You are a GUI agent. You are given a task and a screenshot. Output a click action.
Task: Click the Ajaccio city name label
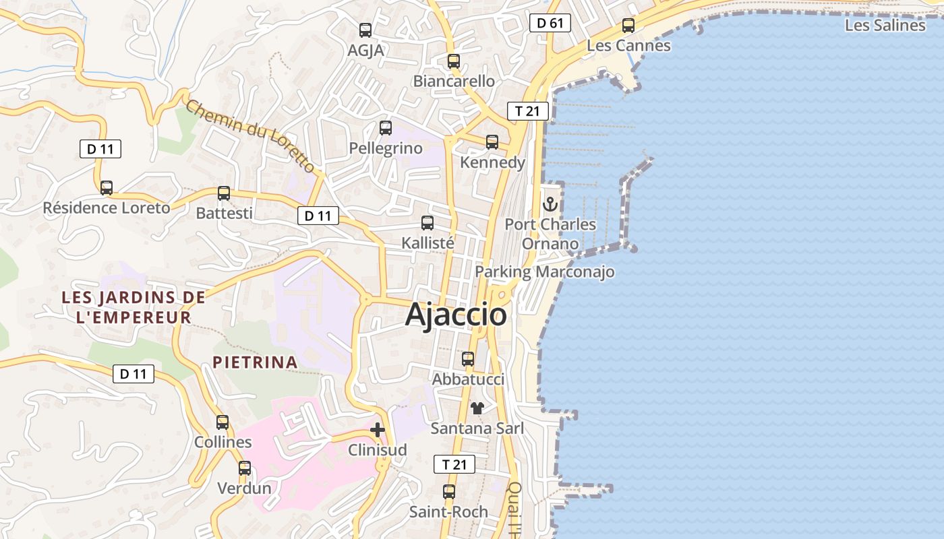(x=456, y=315)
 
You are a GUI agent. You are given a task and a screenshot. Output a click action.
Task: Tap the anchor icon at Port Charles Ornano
(x=551, y=203)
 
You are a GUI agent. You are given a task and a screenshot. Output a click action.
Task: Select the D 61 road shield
(x=550, y=24)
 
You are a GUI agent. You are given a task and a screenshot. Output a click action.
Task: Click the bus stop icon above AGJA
(x=365, y=30)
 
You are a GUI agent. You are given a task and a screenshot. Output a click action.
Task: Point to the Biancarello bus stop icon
(x=454, y=61)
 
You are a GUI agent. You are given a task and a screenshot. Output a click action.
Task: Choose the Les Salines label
(x=885, y=26)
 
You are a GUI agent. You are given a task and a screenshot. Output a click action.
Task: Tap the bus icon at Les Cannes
(x=628, y=26)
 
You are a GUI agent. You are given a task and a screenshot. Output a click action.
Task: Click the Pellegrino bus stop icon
(x=386, y=128)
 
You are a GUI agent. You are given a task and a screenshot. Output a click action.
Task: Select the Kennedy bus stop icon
(x=492, y=142)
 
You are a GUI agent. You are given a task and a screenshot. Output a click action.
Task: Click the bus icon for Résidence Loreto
(x=107, y=188)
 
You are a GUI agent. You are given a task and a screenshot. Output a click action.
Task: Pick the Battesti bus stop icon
(x=224, y=193)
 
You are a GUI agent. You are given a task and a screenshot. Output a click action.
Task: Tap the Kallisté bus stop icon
(x=427, y=223)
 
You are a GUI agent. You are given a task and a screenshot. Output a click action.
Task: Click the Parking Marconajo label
(x=545, y=272)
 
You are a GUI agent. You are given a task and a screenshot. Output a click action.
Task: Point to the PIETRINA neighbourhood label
(x=256, y=362)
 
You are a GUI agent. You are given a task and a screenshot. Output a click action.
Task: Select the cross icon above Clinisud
(x=378, y=429)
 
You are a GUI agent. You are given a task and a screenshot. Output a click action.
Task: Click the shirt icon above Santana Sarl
(x=477, y=408)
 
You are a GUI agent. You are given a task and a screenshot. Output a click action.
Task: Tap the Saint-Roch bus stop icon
(x=449, y=492)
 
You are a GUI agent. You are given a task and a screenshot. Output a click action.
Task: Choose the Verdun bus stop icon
(x=245, y=468)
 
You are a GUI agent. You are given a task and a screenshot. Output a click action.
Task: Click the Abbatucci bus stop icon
(x=468, y=359)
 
